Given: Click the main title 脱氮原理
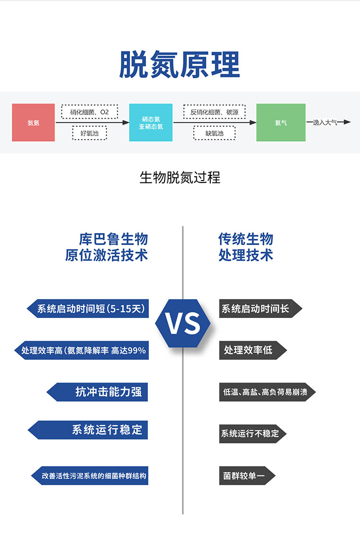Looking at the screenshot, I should pos(180,65).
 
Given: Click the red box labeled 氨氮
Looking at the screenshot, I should pos(33,122).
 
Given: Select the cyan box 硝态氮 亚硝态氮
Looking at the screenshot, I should pos(151,122).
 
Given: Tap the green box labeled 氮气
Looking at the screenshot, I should pos(281,122).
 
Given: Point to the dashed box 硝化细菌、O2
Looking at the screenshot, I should pos(89,112).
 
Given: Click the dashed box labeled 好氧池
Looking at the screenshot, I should pos(89,133).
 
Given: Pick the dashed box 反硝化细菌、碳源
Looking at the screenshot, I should pos(215,112).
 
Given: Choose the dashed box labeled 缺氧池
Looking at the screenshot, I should pos(215,133).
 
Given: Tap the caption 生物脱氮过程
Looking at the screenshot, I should pos(180,178).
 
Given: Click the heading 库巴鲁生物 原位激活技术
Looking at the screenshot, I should pos(107,246).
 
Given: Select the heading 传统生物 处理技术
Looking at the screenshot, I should pos(246,246).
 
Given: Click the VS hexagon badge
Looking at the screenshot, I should pos(183,323).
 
